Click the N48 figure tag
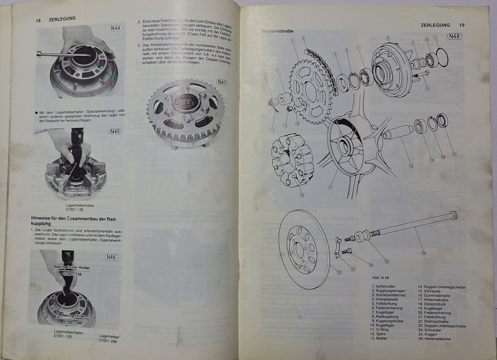(454, 37)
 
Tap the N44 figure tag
(116, 27)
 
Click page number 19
(462, 25)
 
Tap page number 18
(38, 20)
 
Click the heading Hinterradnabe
(278, 30)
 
